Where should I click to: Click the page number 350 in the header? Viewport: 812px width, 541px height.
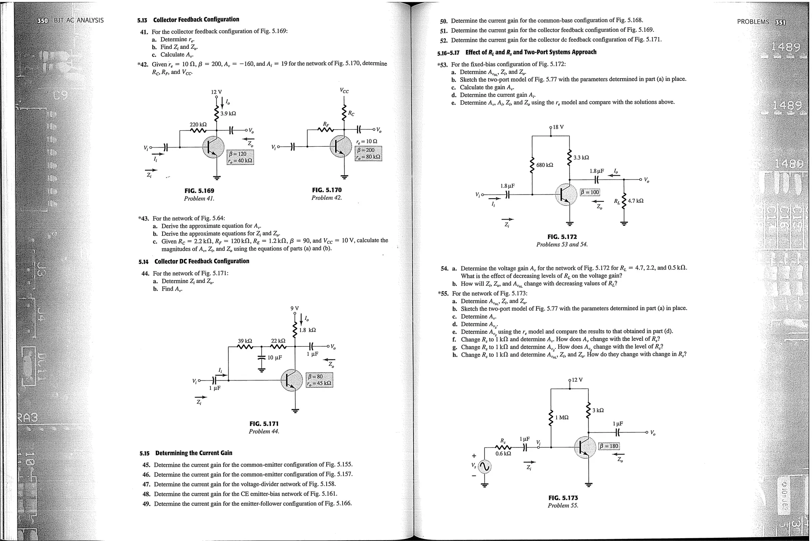[x=42, y=20]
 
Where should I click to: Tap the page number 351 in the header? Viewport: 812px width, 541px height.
[x=780, y=22]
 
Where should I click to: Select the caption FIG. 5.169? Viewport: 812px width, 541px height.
[x=199, y=191]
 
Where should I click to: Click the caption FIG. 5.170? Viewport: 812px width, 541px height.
[x=327, y=190]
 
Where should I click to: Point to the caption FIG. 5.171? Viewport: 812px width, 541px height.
[x=264, y=424]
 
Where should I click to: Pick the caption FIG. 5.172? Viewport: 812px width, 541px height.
[x=562, y=237]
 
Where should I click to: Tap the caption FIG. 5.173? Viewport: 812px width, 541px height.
[x=563, y=498]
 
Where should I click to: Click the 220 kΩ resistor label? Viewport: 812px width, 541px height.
[x=198, y=124]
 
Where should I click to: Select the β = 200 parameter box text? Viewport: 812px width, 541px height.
[x=366, y=150]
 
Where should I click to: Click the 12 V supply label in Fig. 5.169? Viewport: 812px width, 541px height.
[x=216, y=92]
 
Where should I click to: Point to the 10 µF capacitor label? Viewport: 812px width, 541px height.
[x=274, y=357]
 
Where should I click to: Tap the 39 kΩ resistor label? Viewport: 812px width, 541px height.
[x=245, y=341]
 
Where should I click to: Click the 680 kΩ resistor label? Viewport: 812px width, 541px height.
[x=544, y=164]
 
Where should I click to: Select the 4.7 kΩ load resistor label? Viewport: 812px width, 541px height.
[x=636, y=201]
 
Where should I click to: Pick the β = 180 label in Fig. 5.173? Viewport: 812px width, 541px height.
[x=609, y=446]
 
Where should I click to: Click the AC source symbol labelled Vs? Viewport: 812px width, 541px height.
[x=485, y=467]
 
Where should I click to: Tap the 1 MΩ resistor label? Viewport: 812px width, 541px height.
[x=562, y=417]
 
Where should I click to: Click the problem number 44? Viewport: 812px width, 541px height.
[x=146, y=273]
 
